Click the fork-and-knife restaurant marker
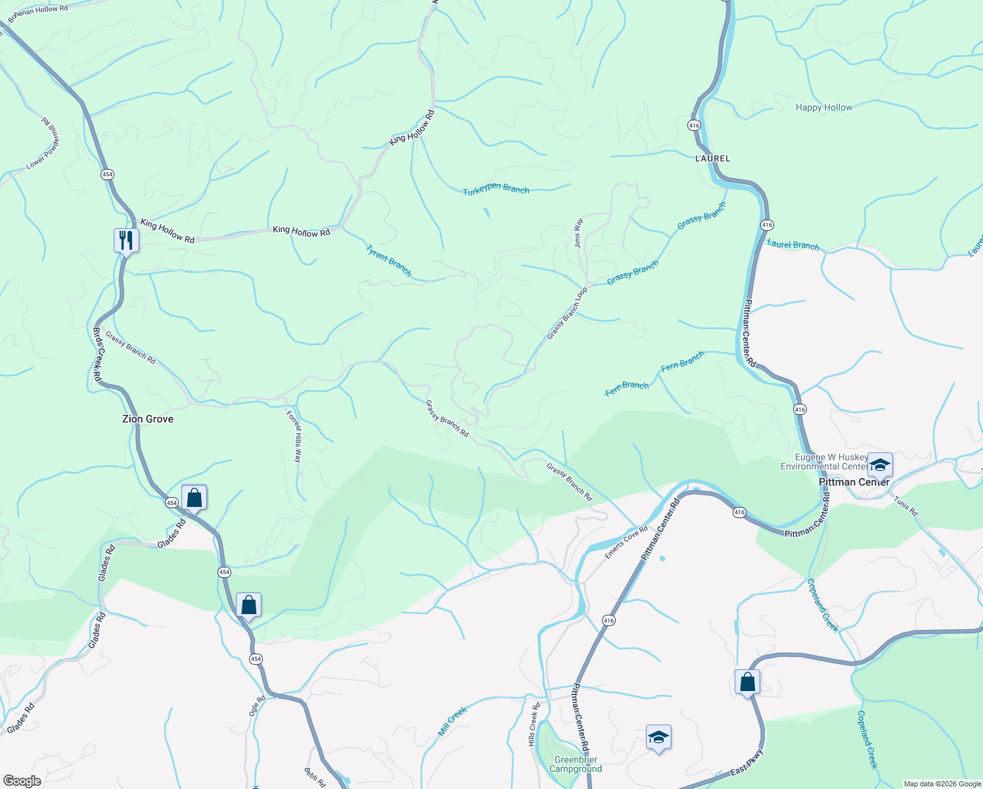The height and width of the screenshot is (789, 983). click(126, 241)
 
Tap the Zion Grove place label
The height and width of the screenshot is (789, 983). click(148, 419)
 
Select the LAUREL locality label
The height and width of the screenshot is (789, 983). click(713, 158)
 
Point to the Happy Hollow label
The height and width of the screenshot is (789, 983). click(823, 107)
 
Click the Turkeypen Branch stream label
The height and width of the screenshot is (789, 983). click(495, 189)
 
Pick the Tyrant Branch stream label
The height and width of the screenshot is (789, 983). click(388, 261)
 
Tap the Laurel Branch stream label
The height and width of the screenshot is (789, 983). click(793, 245)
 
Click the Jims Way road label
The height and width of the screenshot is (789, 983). click(578, 233)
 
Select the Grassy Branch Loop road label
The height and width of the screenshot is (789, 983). click(567, 313)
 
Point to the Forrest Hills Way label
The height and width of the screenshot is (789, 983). click(294, 437)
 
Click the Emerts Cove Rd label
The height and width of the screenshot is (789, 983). click(626, 542)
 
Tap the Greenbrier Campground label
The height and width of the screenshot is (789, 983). click(576, 764)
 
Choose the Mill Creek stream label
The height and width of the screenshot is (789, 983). click(452, 721)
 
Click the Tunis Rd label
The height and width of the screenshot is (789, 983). click(905, 505)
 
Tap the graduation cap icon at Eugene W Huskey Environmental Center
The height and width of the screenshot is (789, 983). click(879, 465)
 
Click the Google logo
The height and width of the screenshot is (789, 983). click(22, 781)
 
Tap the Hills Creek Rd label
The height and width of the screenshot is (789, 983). click(534, 724)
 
